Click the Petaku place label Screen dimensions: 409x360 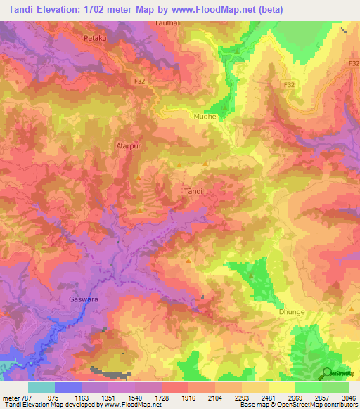pyautogui.click(x=95, y=37)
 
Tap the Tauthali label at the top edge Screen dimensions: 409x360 pyautogui.click(x=167, y=24)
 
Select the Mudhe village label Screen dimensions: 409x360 pyautogui.click(x=205, y=117)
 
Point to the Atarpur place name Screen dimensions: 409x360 pyautogui.click(x=128, y=147)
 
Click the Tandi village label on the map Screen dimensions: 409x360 pyautogui.click(x=193, y=191)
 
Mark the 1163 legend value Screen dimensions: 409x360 pyautogui.click(x=95, y=396)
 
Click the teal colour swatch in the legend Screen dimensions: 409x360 pyautogui.click(x=41, y=387)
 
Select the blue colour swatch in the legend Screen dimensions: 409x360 pyautogui.click(x=68, y=387)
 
